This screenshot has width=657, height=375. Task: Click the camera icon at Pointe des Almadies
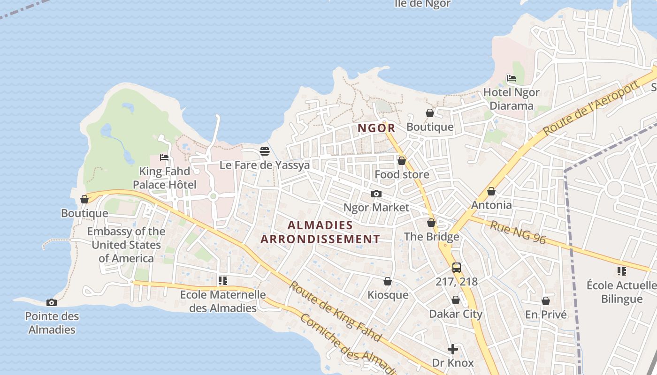pos(52,303)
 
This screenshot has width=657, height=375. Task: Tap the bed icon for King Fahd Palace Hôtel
pos(164,157)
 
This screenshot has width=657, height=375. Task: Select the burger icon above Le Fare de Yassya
pos(265,151)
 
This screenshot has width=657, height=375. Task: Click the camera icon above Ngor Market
pos(376,194)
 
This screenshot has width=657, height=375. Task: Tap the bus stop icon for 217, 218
pos(456,268)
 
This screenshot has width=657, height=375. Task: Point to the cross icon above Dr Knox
pos(452,349)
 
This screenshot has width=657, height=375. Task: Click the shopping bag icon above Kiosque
pos(388,281)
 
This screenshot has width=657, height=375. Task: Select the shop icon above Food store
pos(402,161)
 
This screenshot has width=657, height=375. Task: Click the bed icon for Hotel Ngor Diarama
pos(511,78)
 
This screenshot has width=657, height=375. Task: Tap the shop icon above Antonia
pos(491,191)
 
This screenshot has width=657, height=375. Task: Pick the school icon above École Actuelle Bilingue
pos(622,271)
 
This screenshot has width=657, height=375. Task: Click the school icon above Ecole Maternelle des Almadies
pos(223,281)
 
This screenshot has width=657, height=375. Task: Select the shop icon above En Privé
pos(545,301)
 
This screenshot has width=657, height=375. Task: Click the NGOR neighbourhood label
pos(376,128)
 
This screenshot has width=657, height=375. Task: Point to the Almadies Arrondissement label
pos(320,232)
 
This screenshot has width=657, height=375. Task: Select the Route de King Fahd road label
pos(335,311)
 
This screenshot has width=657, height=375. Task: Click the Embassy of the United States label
pos(126,245)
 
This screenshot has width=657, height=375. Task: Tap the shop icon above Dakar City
pos(455,300)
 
